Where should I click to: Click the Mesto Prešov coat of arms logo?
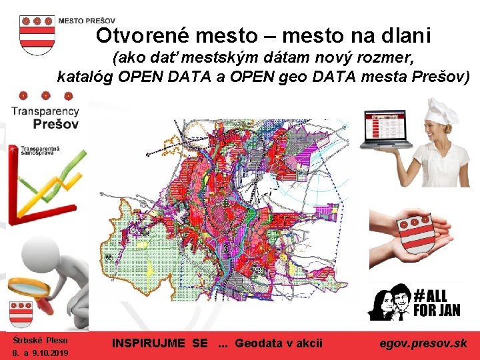pyautogui.click(x=37, y=34)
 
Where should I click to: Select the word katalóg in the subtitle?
pyautogui.click(x=85, y=77)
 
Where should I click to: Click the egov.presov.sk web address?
pyautogui.click(x=423, y=343)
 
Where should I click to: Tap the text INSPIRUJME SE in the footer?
pyautogui.click(x=160, y=343)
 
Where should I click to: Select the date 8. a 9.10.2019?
pyautogui.click(x=41, y=353)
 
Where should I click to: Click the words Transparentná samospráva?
pyautogui.click(x=41, y=149)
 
